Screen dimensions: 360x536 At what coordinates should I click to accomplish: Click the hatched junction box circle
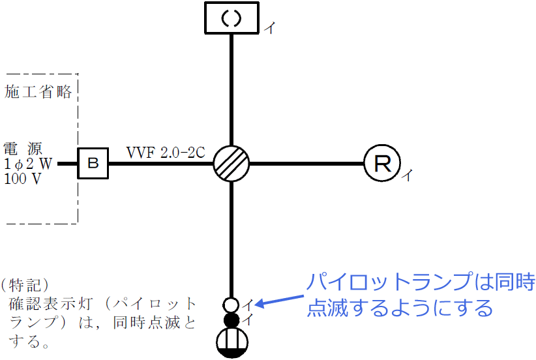pyautogui.click(x=231, y=163)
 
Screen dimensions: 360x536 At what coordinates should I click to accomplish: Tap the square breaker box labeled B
pyautogui.click(x=93, y=163)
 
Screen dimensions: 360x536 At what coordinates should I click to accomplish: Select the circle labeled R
pyautogui.click(x=382, y=163)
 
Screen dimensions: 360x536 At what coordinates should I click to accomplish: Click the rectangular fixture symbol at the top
pyautogui.click(x=232, y=18)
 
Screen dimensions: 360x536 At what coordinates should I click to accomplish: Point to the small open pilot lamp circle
pyautogui.click(x=231, y=305)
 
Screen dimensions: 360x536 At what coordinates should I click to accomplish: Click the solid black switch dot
pyautogui.click(x=231, y=320)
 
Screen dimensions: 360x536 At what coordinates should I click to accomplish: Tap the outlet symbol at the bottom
pyautogui.click(x=232, y=342)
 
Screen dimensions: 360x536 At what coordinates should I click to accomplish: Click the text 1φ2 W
pyautogui.click(x=27, y=164)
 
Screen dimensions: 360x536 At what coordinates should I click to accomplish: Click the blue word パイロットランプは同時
pyautogui.click(x=420, y=282)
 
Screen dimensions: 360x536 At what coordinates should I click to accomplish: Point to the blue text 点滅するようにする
pyautogui.click(x=399, y=307)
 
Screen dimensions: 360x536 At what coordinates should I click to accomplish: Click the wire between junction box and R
pyautogui.click(x=306, y=163)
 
